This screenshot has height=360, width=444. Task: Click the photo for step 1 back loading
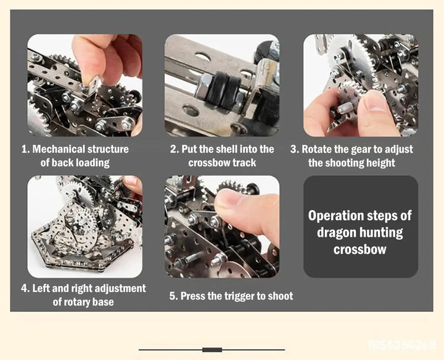tap(84, 85)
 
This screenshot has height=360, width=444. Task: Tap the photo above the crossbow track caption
tap(221, 85)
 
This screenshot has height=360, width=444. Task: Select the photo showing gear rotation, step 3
tap(360, 85)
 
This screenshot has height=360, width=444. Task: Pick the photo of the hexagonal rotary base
tap(84, 226)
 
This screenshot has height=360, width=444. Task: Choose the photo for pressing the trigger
tap(221, 226)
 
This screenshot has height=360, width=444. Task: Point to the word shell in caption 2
tap(226, 149)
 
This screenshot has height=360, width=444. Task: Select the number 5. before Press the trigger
tap(173, 296)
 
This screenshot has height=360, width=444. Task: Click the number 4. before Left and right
tap(25, 288)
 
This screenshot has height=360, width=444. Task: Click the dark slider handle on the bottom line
tap(212, 350)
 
